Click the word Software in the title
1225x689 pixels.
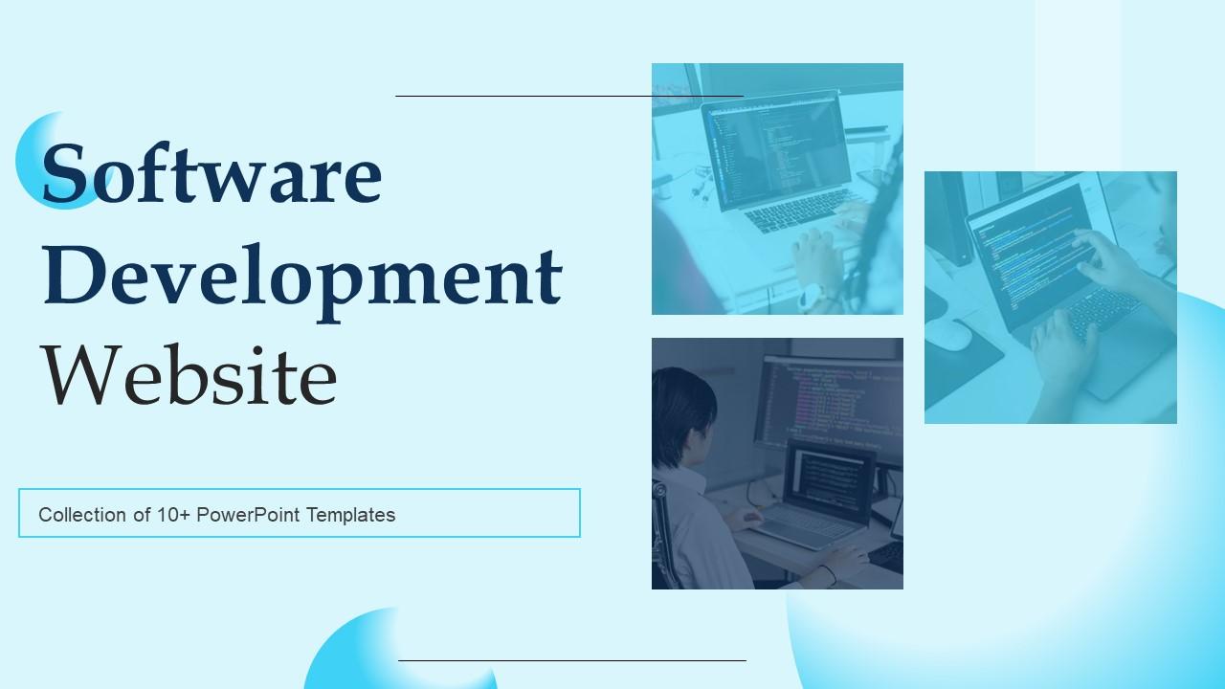click(x=212, y=173)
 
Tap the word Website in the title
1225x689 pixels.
click(x=189, y=375)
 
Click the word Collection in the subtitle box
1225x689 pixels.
click(x=81, y=515)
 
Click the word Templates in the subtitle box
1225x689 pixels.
click(x=350, y=515)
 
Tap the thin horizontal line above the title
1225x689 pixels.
click(x=568, y=96)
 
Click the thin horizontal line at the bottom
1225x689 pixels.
click(x=571, y=660)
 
